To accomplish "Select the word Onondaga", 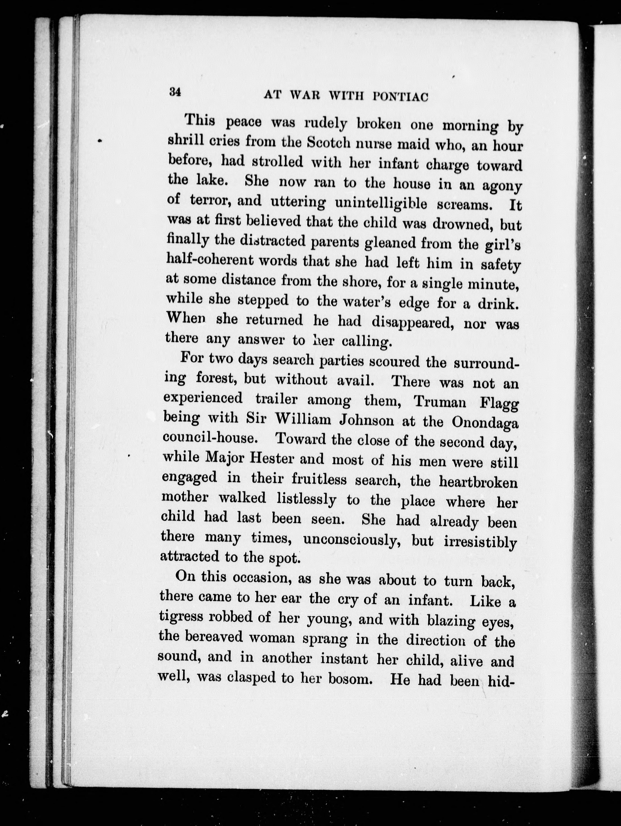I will (485, 423).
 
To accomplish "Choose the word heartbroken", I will (478, 482).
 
